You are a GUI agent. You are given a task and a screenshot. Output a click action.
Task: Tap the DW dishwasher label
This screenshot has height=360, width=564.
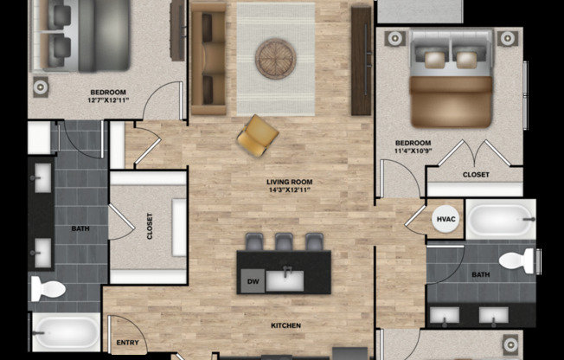pos(253,280)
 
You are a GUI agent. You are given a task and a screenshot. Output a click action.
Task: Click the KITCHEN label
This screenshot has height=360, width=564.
pos(285,325)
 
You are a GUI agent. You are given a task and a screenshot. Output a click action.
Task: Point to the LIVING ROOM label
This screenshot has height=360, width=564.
pos(289,182)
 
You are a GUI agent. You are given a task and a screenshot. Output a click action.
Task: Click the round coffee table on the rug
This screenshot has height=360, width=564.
pos(275,59)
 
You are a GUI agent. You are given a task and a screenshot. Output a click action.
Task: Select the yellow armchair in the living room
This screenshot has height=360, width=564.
pos(258,136)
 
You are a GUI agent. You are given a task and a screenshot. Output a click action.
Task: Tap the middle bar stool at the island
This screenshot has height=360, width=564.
pos(285,243)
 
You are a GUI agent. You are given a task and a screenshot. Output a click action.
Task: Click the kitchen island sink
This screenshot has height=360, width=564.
pos(285,279)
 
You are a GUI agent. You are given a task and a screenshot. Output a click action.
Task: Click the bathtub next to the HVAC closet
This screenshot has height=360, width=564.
pos(500,219)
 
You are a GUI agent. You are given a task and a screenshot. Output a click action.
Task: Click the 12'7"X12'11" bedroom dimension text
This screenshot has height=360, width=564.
pos(109,101)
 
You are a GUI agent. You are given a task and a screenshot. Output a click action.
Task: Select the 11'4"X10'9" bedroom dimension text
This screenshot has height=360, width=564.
pos(413,152)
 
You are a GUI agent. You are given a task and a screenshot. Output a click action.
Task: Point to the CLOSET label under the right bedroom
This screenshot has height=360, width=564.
pos(476,175)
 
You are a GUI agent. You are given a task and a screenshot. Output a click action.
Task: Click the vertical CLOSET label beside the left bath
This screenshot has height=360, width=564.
pos(150,227)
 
